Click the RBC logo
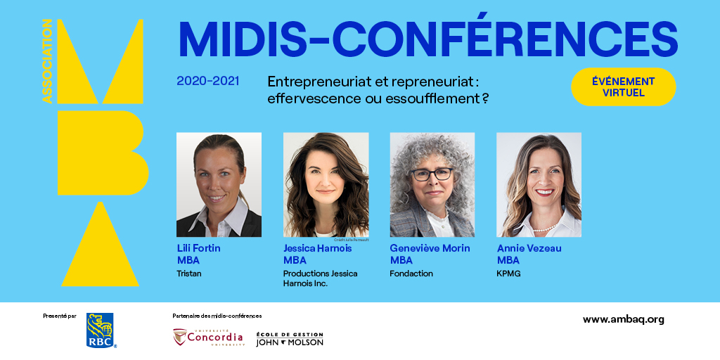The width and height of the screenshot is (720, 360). [x=100, y=330]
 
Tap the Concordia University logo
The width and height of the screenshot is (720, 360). [x=209, y=337]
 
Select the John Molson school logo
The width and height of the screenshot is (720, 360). [x=290, y=338]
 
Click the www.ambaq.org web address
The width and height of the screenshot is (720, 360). [x=623, y=319]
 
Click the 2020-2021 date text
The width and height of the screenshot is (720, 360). [x=207, y=81]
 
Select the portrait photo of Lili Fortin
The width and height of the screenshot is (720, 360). [x=219, y=184]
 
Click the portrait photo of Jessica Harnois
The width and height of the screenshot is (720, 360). [x=326, y=184]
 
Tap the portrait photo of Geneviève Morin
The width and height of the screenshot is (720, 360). [x=432, y=184]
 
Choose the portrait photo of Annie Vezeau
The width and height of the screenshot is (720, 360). [x=539, y=184]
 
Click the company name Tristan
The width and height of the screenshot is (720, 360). [x=189, y=274]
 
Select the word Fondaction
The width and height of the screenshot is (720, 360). [x=411, y=274]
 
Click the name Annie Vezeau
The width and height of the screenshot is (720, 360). [x=529, y=248]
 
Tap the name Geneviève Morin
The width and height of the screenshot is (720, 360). [x=430, y=248]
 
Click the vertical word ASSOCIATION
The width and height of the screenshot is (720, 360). [x=47, y=61]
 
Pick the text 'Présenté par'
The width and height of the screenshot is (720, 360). [x=59, y=316]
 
